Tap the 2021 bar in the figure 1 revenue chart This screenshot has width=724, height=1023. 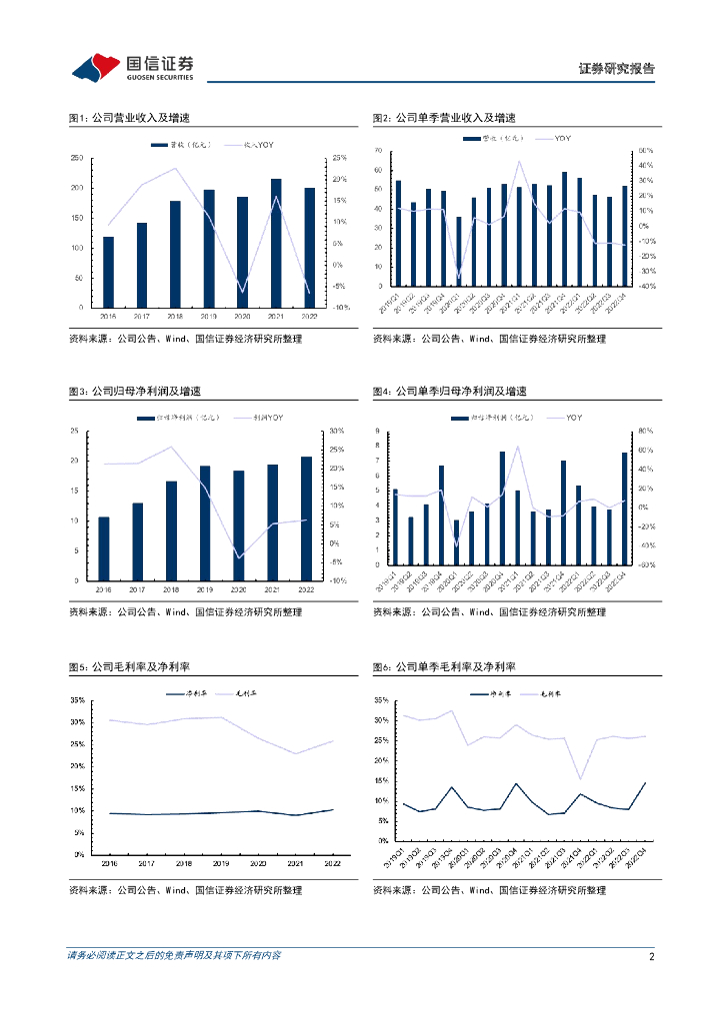tap(276, 243)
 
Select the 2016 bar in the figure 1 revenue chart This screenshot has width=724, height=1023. tap(108, 272)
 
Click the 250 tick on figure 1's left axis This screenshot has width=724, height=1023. tap(78, 158)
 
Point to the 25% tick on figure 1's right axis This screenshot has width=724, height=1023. tap(340, 158)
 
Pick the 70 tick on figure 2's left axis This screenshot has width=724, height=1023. tap(379, 150)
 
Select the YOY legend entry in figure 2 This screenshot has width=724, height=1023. tap(562, 138)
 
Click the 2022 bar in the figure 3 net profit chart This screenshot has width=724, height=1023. tap(307, 517)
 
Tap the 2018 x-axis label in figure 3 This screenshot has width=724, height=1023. tap(171, 590)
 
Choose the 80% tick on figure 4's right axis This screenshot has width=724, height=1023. tap(646, 431)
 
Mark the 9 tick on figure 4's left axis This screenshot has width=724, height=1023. tap(377, 431)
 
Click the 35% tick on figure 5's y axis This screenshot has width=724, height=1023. tap(77, 697)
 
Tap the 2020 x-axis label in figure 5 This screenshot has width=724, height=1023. tap(258, 863)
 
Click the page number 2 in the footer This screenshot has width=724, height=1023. tap(651, 956)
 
